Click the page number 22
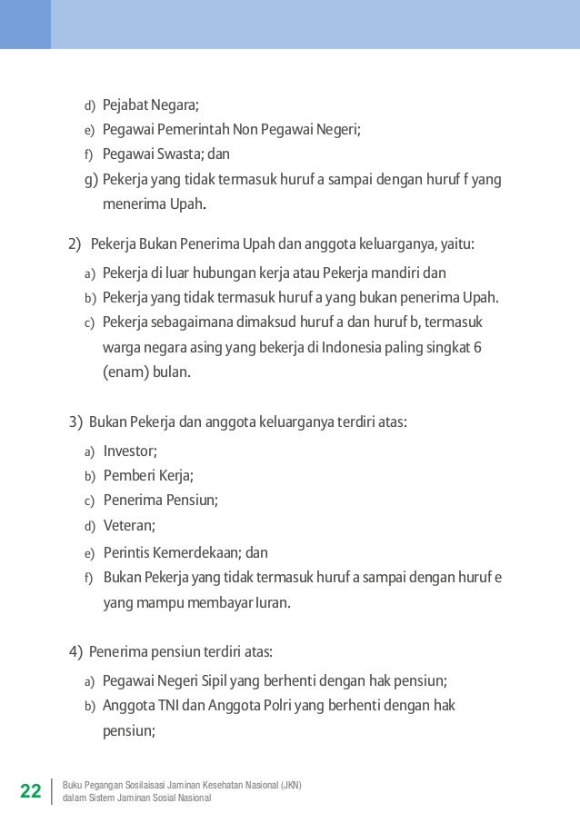click(x=30, y=791)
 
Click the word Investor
click(x=129, y=451)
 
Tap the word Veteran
click(x=128, y=525)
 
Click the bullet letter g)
click(x=91, y=178)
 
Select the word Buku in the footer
click(x=72, y=785)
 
